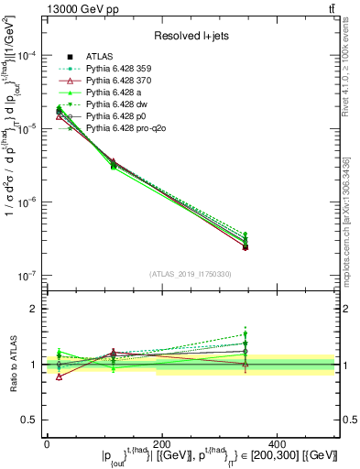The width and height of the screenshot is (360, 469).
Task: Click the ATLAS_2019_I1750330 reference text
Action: (190, 274)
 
